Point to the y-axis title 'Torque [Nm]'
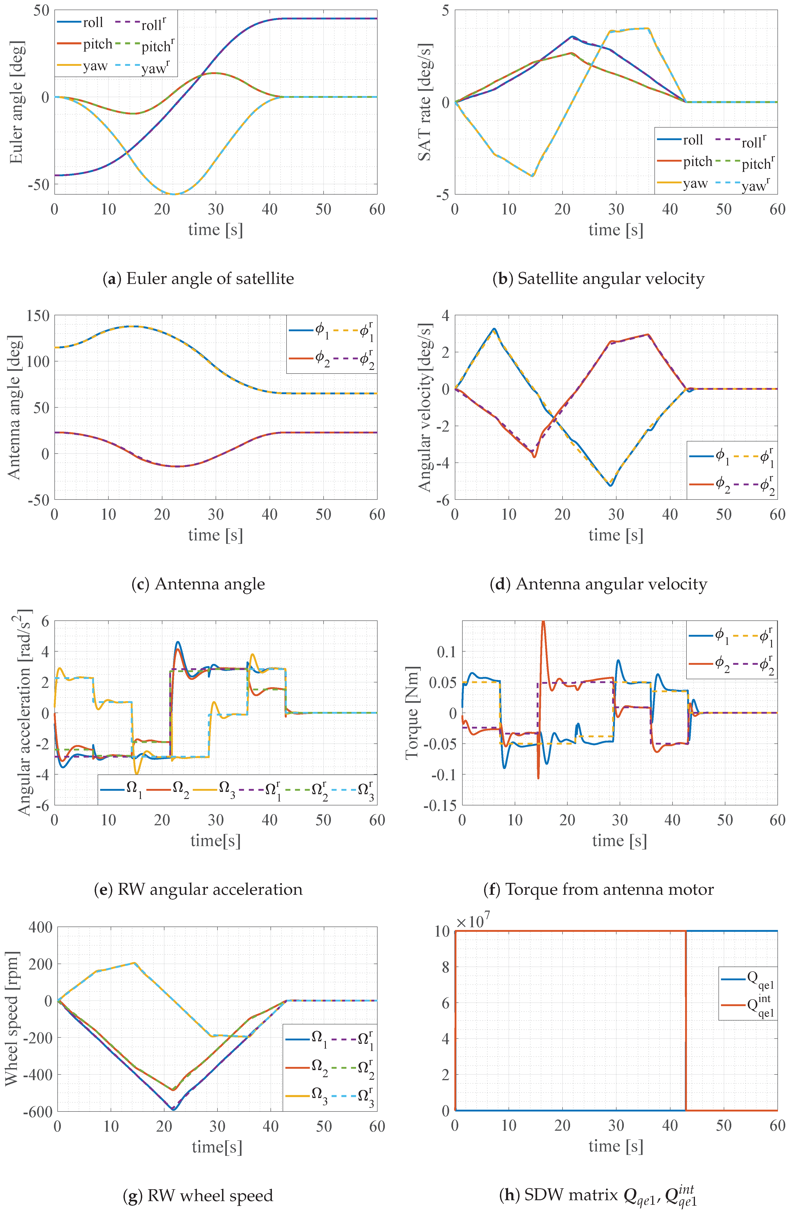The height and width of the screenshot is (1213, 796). (412, 713)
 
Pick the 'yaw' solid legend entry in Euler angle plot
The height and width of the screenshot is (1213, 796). (82, 66)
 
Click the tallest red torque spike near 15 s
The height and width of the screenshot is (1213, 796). (543, 623)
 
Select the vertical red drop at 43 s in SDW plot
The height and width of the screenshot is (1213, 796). (686, 1019)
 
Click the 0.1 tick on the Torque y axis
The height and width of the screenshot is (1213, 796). (447, 651)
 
